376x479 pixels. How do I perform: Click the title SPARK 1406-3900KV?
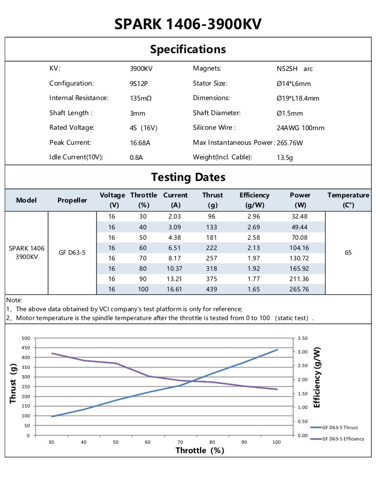click(188, 24)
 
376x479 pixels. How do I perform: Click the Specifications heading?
click(188, 49)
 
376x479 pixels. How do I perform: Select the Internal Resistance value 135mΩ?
click(140, 98)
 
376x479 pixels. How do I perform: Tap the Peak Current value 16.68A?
click(140, 142)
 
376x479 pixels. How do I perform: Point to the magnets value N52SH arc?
click(295, 69)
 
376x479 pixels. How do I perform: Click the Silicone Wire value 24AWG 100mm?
click(300, 128)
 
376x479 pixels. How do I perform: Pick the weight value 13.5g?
click(285, 157)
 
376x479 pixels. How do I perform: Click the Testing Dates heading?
click(188, 177)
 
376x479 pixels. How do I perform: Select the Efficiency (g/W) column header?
click(254, 200)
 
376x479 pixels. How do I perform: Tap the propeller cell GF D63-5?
click(72, 252)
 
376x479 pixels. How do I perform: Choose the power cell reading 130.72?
click(300, 258)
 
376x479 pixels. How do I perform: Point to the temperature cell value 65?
click(348, 252)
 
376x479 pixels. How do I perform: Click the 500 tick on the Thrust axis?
click(25, 338)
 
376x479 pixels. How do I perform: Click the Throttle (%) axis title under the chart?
click(200, 450)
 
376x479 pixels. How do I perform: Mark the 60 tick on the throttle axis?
click(148, 442)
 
